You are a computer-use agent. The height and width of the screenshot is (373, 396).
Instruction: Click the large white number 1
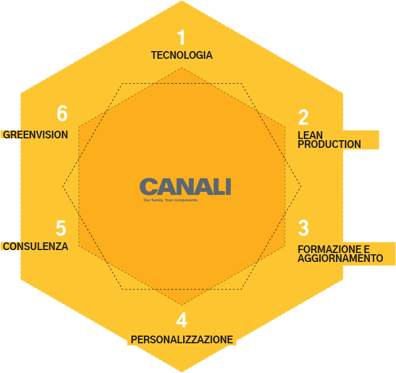click(181, 37)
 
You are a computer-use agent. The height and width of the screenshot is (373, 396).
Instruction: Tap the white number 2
click(303, 117)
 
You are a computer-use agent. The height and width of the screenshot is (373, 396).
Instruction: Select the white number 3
click(303, 227)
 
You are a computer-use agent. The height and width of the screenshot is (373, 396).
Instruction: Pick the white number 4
click(181, 320)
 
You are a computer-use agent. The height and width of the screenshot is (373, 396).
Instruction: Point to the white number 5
click(61, 228)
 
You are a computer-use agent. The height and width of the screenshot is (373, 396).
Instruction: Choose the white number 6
click(62, 113)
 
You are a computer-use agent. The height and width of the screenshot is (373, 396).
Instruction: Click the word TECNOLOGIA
click(181, 55)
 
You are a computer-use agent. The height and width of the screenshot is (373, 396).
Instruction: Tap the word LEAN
click(310, 135)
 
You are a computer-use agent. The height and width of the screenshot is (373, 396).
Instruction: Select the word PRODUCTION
click(329, 144)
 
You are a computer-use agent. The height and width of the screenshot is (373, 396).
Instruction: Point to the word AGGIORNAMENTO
click(340, 258)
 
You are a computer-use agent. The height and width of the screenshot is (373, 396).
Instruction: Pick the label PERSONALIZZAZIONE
click(182, 340)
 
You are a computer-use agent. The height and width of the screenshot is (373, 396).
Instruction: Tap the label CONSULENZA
click(36, 246)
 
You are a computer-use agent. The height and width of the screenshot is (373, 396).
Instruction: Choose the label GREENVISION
click(35, 135)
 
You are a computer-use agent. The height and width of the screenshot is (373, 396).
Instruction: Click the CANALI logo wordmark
click(185, 186)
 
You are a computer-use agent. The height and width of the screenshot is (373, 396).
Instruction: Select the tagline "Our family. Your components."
click(171, 200)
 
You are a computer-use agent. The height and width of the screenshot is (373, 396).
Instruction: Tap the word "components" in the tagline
click(186, 200)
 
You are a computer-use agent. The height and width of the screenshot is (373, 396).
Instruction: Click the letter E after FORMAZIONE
click(366, 249)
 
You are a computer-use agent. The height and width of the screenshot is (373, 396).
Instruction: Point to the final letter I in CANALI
click(228, 186)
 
